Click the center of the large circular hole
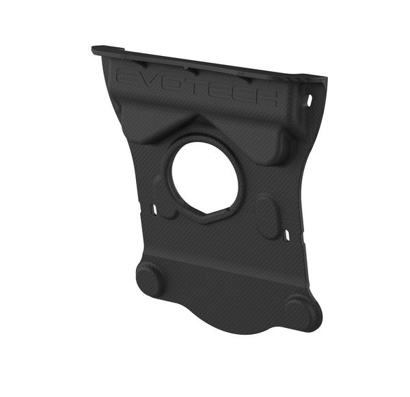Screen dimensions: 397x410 tap(204, 177)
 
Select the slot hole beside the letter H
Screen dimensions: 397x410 tap(309, 100)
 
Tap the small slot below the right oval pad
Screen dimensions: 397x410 tap(288, 235)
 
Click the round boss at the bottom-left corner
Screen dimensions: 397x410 tap(150, 279)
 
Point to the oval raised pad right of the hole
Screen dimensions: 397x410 tap(267, 215)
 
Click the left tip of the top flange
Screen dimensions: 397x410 tap(94, 50)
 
